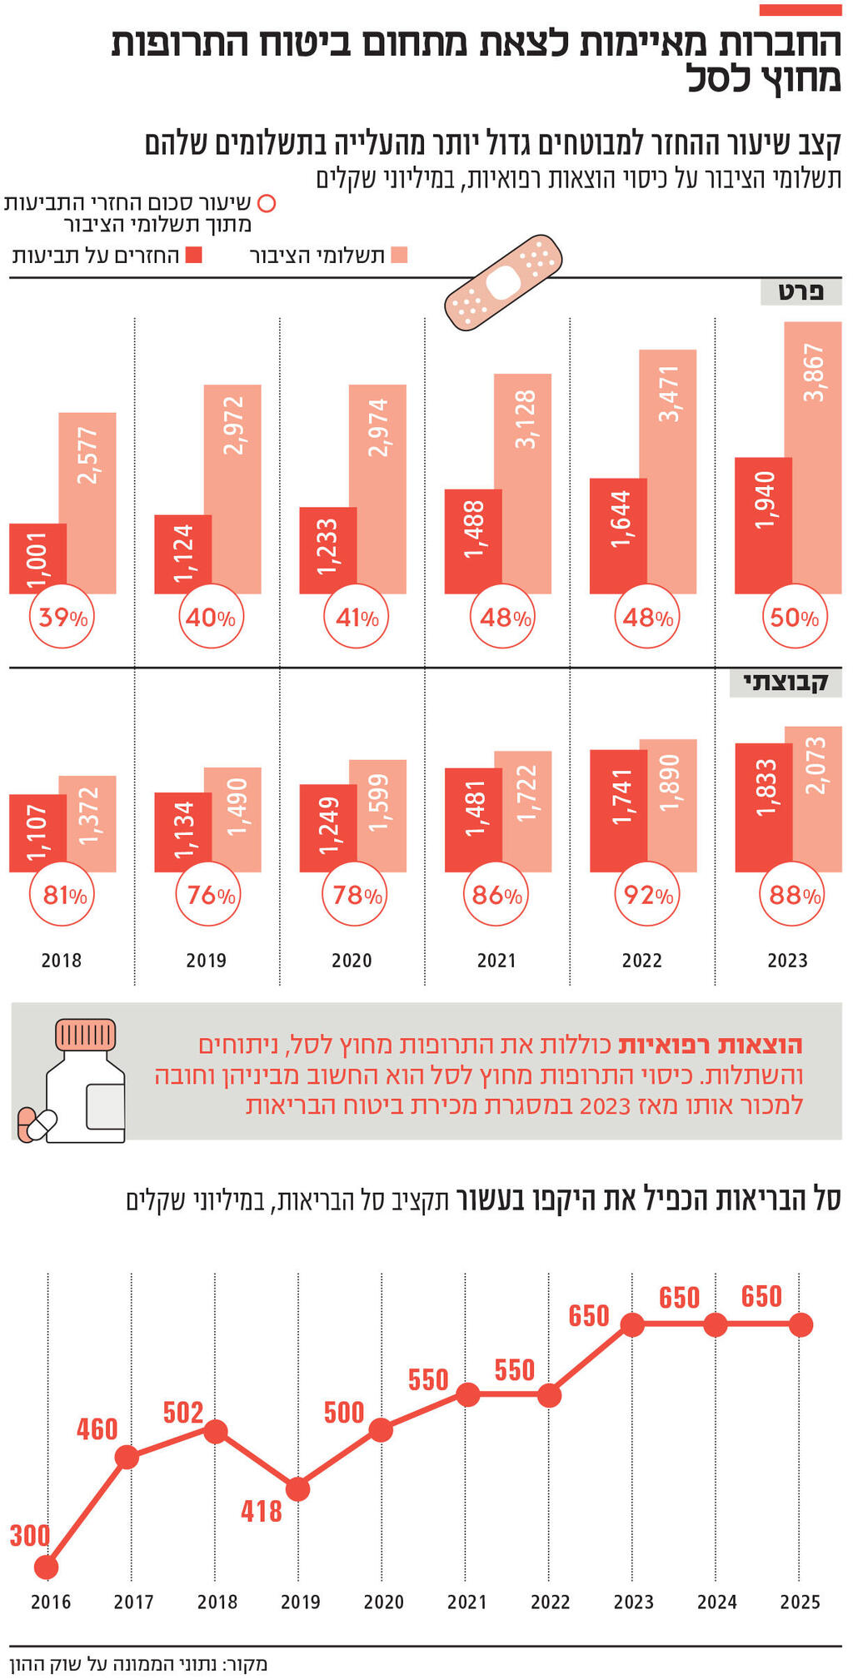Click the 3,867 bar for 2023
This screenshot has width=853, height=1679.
[x=813, y=458]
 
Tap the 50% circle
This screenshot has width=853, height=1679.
[x=794, y=618]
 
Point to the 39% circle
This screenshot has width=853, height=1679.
[x=62, y=618]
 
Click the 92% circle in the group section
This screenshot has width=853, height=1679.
[x=647, y=895]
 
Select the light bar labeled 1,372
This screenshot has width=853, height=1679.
[x=87, y=824]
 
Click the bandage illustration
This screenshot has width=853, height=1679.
[x=503, y=283]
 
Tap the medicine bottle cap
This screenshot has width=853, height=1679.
[x=86, y=1035]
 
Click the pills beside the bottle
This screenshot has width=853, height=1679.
[x=37, y=1124]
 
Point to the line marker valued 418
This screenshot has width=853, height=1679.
[x=297, y=1489]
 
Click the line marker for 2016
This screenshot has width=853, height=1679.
[x=47, y=1567]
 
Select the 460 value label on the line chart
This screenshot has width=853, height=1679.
[x=97, y=1429]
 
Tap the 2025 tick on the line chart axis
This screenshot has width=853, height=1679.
[x=800, y=1602]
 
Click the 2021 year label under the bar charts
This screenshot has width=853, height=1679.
[x=496, y=961]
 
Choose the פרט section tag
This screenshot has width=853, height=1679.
[x=801, y=292]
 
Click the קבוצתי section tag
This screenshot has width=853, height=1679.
[x=786, y=683]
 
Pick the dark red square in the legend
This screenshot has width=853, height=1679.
[x=194, y=256]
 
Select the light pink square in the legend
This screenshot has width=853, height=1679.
[x=399, y=256]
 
